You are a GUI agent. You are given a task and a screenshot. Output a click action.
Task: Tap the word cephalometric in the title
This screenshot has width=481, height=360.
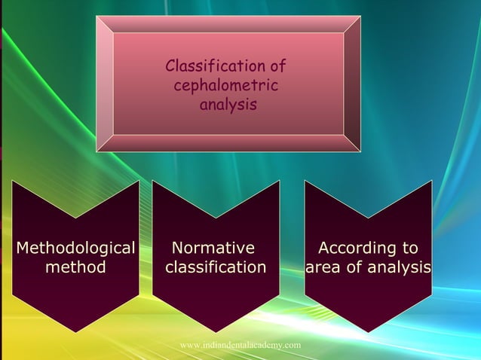pos(226,87)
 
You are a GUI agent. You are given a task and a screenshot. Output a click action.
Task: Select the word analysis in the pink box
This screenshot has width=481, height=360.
pos(228,105)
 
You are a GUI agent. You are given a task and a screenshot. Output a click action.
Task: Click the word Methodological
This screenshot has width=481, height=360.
pos(75,249)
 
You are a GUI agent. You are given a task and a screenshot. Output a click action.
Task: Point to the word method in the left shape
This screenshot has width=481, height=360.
pos(75,267)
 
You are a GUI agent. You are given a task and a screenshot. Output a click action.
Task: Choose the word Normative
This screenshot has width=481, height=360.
pos(213,249)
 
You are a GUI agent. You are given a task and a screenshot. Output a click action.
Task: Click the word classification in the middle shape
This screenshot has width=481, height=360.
pos(216,267)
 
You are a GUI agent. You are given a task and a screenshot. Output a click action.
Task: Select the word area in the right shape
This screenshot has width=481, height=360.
pos(323,267)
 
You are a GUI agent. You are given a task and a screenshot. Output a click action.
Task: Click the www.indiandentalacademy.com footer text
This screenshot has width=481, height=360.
pos(240,345)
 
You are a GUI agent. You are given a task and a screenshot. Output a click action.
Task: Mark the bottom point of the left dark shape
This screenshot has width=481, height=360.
pos(75,332)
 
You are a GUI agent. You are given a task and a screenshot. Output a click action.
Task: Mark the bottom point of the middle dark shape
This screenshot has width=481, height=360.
pos(216,332)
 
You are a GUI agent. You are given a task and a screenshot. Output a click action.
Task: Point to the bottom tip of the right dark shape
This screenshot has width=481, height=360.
pos(368,332)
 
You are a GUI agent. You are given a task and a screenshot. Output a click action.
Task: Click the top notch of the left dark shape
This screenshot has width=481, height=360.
pos(75,218)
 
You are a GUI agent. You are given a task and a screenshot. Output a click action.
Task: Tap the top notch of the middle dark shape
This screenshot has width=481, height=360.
pos(216,218)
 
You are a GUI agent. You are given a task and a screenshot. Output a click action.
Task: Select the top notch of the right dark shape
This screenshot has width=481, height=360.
pos(368,218)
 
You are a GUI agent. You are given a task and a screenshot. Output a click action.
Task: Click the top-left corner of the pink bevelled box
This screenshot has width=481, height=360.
pos(97,17)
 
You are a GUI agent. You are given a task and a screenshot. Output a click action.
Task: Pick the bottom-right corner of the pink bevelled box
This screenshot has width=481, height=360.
pos(360,151)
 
